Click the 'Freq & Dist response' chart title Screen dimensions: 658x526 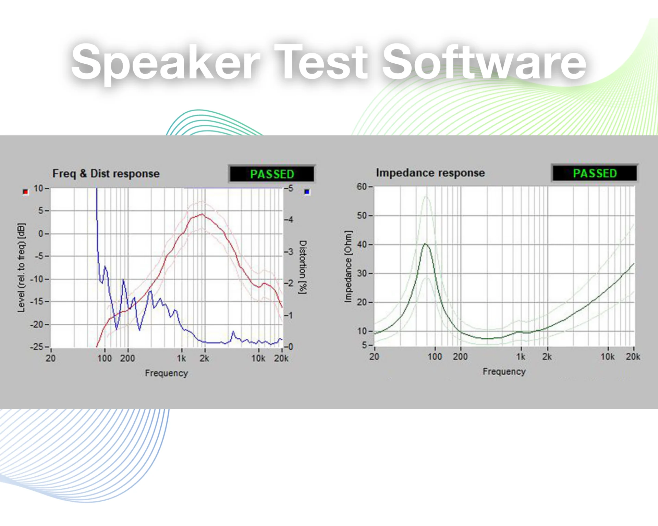point(106,174)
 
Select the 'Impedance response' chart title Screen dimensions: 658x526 point(430,173)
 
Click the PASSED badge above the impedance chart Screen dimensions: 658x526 point(595,173)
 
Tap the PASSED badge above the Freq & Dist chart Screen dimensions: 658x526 point(272,174)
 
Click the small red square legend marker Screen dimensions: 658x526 point(25,192)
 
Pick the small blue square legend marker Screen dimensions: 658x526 point(307,192)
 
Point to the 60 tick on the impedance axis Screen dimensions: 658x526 point(362,187)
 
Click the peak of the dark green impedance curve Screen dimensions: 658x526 point(425,244)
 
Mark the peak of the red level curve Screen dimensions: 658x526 point(202,214)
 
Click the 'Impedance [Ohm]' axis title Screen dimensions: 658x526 point(348,266)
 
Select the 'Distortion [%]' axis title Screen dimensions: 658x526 point(303,267)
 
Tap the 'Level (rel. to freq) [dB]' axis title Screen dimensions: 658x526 point(21,267)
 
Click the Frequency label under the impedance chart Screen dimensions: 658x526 point(504,372)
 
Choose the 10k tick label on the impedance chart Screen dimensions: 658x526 point(607,357)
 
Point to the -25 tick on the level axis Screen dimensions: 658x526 point(37,347)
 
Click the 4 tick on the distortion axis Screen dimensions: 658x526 point(291,220)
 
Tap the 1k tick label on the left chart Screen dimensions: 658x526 point(181,359)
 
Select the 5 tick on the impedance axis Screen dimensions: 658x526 point(365,345)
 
